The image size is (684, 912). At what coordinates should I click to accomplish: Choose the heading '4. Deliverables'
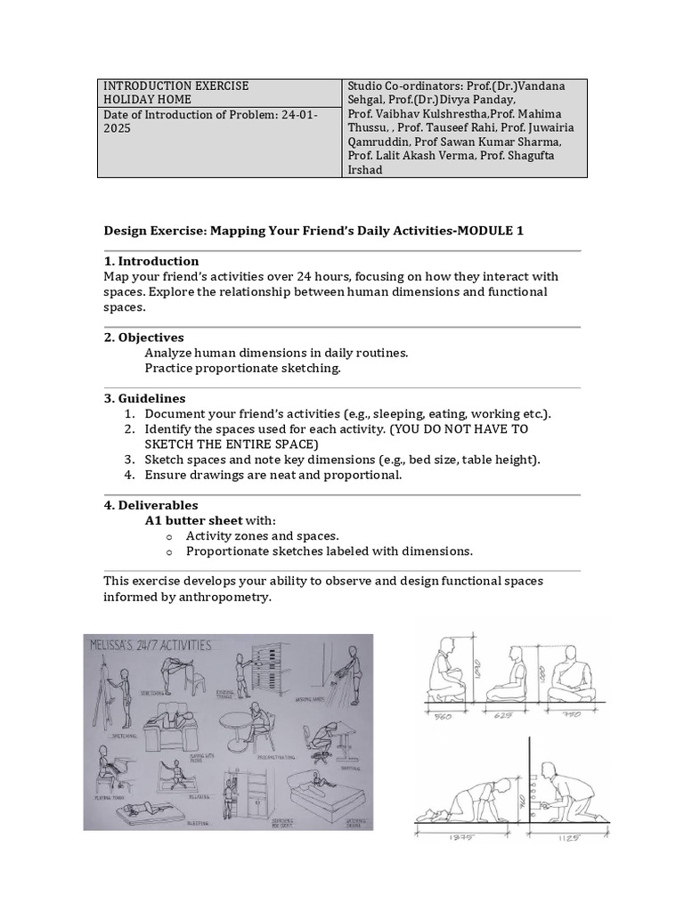151,505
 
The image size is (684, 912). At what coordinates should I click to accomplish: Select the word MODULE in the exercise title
482,231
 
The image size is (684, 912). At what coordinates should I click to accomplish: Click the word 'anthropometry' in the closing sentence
224,597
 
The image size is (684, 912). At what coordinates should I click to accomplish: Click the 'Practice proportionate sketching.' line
242,368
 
